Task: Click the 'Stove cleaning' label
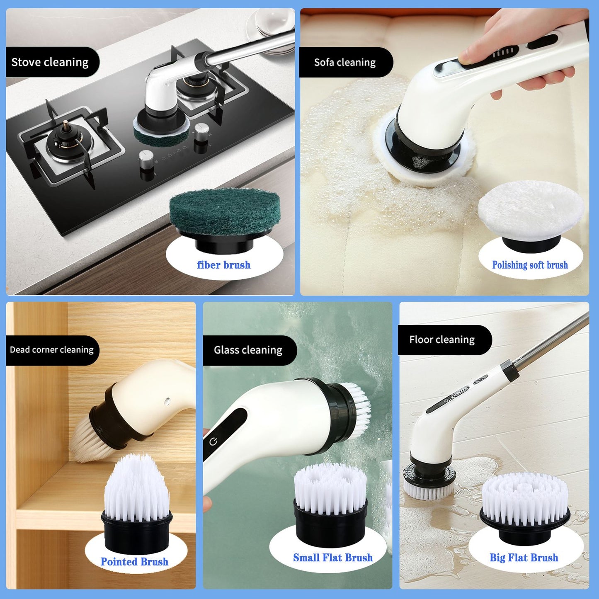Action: point(50,62)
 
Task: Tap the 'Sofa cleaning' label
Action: point(345,62)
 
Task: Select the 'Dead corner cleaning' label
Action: point(52,350)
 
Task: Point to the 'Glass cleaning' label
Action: point(248,350)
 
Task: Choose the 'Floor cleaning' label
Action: point(442,340)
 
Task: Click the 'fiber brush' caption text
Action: point(224,265)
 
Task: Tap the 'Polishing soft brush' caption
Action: point(530,265)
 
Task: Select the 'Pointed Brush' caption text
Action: point(134,562)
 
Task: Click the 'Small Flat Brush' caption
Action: point(333,558)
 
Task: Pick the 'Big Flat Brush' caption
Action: point(524,558)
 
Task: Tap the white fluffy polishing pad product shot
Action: point(531,209)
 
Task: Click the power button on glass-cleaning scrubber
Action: point(213,442)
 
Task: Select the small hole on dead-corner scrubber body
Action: point(167,401)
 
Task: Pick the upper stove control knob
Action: point(201,131)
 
